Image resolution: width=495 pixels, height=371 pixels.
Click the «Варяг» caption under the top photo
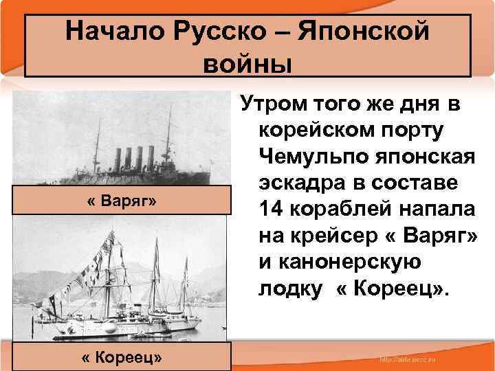(122, 203)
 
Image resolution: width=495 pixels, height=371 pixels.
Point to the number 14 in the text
(274, 207)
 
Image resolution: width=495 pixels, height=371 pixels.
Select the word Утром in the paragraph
(269, 106)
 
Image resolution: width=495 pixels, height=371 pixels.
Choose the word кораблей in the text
(338, 207)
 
